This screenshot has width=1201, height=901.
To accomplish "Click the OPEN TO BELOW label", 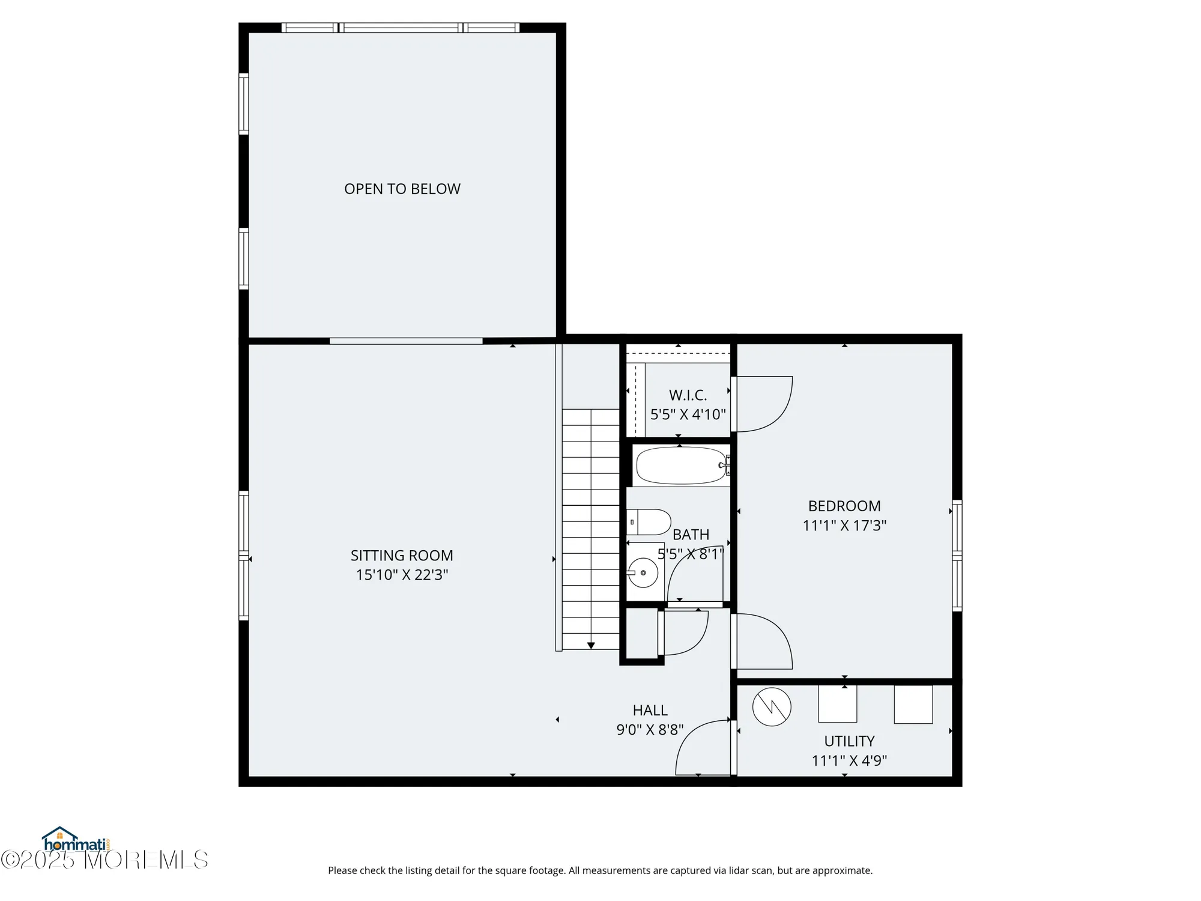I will (402, 189).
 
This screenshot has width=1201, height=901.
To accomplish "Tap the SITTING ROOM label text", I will (402, 556).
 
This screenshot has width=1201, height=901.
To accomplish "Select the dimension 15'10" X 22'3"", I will (402, 575).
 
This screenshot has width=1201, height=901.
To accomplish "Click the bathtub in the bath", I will (681, 466).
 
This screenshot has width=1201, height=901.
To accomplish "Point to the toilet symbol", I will (650, 522).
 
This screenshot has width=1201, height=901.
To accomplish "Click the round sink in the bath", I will (643, 572).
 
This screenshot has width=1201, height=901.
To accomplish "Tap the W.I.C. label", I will (688, 395).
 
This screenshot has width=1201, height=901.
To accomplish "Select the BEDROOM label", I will (844, 506).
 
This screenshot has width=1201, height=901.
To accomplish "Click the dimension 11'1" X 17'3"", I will (844, 526).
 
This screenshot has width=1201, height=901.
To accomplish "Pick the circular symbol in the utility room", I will (772, 707).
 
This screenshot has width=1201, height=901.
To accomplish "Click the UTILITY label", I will (849, 741).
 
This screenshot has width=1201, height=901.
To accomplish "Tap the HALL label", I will (650, 710).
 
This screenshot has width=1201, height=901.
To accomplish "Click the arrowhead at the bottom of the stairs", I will (591, 646).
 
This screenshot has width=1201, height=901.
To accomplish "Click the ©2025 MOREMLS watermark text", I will (104, 860).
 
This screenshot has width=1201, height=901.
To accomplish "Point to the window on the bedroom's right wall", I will (957, 556).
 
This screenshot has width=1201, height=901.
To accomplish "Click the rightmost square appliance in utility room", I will (913, 704).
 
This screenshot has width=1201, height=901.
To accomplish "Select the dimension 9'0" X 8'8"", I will (650, 730).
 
